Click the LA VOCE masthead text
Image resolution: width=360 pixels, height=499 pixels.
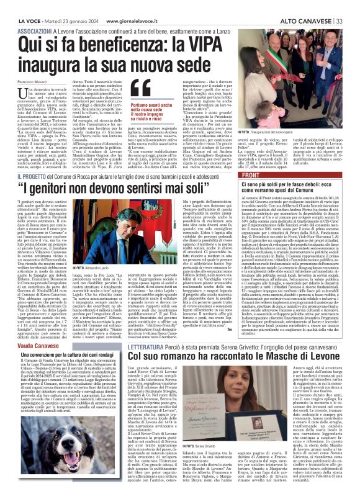tap(20, 5)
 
